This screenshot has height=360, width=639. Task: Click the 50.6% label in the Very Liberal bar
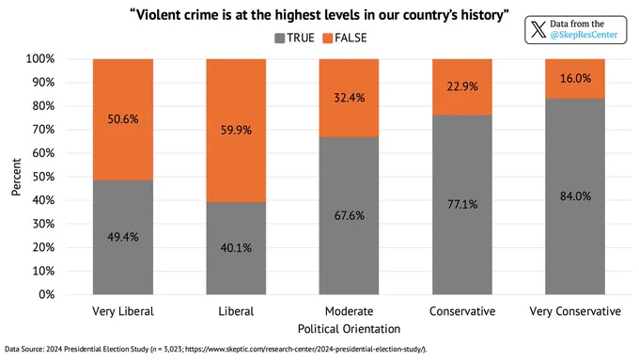click(123, 119)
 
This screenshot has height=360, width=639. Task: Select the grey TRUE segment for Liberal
click(236, 248)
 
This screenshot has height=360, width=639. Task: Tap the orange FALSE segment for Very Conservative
click(575, 79)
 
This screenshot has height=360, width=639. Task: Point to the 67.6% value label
click(350, 215)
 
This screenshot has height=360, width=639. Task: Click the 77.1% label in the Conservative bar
click(462, 204)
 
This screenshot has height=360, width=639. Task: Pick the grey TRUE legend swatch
click(280, 39)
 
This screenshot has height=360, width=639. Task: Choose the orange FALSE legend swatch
click(328, 39)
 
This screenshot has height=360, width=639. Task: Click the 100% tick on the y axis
click(39, 58)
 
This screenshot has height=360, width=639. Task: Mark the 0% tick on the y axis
click(46, 294)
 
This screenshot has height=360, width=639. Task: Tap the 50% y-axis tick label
click(43, 177)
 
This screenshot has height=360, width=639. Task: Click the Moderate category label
click(349, 311)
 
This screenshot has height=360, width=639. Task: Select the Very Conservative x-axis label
click(575, 311)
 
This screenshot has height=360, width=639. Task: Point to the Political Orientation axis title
click(349, 329)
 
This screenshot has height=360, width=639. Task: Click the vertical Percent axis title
click(16, 177)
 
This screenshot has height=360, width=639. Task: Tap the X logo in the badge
click(538, 29)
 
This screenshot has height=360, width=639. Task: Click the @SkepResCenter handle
click(584, 35)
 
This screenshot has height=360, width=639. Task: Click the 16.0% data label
click(575, 78)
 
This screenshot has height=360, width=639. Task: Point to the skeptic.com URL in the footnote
click(304, 349)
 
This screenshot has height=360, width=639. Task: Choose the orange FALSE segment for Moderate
click(349, 98)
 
